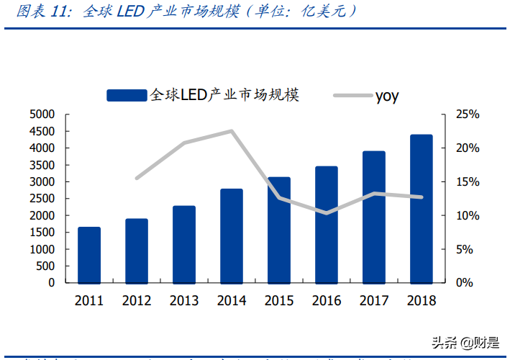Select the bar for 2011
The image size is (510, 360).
pyautogui.click(x=89, y=255)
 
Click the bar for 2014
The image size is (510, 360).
pyautogui.click(x=232, y=235)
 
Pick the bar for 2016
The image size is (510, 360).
pyautogui.click(x=326, y=225)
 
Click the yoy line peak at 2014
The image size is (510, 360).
pyautogui.click(x=232, y=131)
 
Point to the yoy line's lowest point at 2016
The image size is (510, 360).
pyautogui.click(x=327, y=213)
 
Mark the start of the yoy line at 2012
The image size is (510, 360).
pyautogui.click(x=137, y=178)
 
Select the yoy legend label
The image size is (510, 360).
pyautogui.click(x=386, y=96)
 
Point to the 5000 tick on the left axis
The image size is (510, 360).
pyautogui.click(x=42, y=114)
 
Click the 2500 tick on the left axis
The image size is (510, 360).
pyautogui.click(x=42, y=199)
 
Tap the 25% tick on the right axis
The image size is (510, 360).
pyautogui.click(x=467, y=114)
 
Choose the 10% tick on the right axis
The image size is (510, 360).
pyautogui.click(x=467, y=215)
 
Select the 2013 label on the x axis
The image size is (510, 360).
pyautogui.click(x=184, y=301)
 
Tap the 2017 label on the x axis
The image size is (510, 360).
pyautogui.click(x=373, y=301)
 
